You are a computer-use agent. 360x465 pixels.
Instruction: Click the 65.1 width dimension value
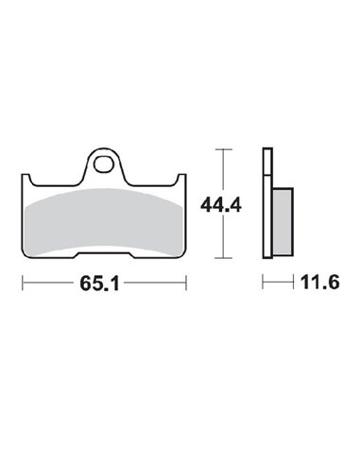[105, 282]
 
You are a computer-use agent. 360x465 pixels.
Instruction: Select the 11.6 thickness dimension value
[307, 282]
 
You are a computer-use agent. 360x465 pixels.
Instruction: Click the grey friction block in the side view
[283, 216]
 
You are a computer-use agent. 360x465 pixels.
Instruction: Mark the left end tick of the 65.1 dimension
[24, 282]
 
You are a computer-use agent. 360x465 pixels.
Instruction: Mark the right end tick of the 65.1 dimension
[186, 282]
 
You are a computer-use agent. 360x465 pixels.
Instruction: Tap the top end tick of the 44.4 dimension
[222, 148]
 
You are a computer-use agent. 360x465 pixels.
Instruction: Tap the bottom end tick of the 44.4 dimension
[222, 257]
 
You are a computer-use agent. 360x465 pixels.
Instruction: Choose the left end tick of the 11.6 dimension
[264, 282]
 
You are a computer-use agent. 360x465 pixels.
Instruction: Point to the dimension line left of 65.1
[52, 282]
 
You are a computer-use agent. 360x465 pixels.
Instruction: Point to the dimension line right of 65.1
[156, 282]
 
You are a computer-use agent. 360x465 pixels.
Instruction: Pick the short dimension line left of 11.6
[274, 282]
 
